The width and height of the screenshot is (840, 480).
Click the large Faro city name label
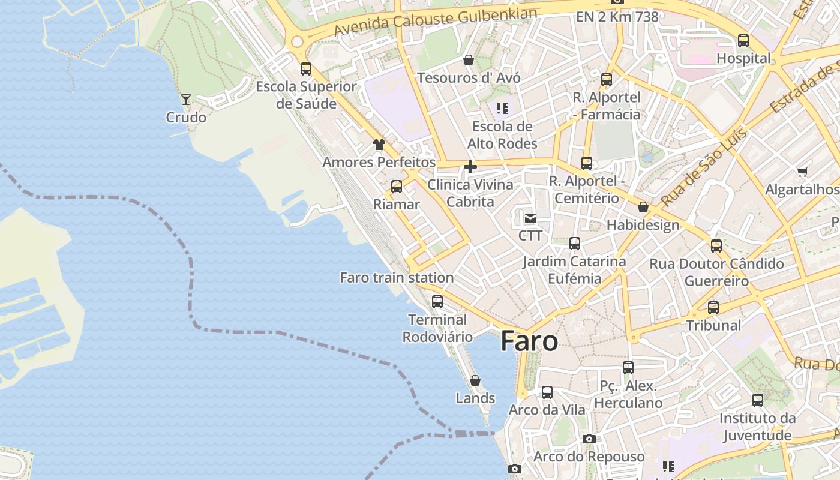coord(529,341)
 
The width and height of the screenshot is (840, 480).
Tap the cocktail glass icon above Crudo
coord(186,100)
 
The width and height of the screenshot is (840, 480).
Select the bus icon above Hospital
coord(743,41)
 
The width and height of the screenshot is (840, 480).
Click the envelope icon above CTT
coord(530,218)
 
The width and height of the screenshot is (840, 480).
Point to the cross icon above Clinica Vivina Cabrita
coord(470,167)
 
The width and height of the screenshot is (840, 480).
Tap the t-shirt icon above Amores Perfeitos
coord(379,145)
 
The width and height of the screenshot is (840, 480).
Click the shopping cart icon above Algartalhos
coord(803,172)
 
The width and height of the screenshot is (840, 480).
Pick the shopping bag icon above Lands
coord(475,380)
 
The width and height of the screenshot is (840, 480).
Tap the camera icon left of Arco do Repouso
coord(589,439)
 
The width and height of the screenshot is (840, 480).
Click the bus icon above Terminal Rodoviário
coord(437,302)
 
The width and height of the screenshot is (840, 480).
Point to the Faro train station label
coord(397,278)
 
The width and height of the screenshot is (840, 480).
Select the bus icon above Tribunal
coord(713,308)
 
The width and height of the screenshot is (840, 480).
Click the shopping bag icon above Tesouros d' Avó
coord(469,60)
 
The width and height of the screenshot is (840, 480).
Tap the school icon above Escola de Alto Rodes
coord(502,109)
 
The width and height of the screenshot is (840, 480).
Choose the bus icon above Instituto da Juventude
coord(758,400)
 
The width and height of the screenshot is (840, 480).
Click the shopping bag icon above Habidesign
coord(643,208)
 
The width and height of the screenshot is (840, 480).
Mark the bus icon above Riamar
coord(397,187)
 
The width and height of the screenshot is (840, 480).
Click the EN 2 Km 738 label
coord(617,17)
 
